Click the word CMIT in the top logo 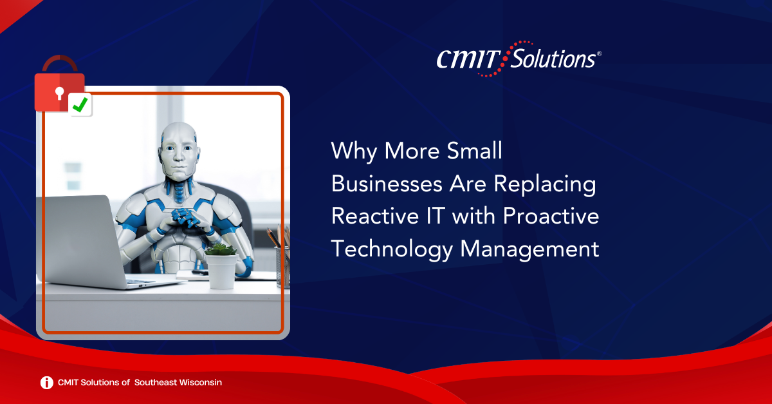tap(469, 59)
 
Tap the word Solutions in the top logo tap(553, 59)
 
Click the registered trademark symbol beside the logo tap(599, 53)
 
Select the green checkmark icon tap(80, 104)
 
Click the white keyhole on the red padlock tap(60, 93)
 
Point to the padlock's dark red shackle tap(60, 64)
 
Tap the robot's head tap(179, 151)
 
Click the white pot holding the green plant tap(221, 271)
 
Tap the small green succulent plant tap(221, 249)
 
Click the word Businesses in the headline tap(387, 184)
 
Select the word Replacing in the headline tap(545, 185)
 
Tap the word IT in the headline tap(436, 216)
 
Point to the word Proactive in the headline tap(551, 216)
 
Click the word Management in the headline tap(529, 249)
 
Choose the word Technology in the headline tap(392, 249)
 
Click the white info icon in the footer tap(47, 383)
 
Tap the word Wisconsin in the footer tap(200, 383)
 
